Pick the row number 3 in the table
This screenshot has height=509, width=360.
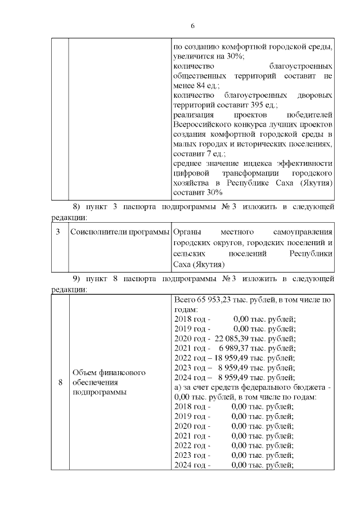pos(58,232)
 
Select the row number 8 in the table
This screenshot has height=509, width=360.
pos(60,382)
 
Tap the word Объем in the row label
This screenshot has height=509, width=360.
pos(85,372)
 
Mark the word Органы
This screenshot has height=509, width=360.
pos(186,232)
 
